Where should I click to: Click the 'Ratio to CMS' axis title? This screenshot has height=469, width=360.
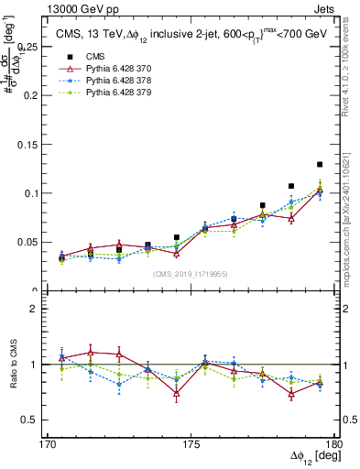(x=12, y=365)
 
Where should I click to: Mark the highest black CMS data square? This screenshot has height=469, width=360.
(x=320, y=165)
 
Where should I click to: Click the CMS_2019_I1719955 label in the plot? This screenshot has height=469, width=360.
(x=191, y=273)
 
